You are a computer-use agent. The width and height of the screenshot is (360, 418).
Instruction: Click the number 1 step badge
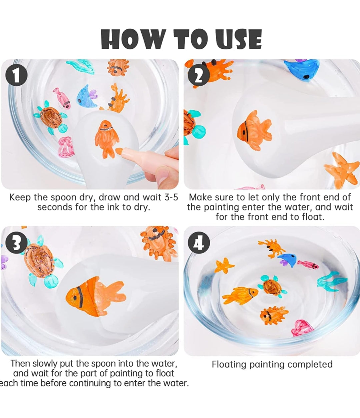point(16,75)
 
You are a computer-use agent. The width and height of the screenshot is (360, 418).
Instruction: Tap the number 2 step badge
point(199,75)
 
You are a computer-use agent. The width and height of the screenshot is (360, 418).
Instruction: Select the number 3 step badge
point(16,243)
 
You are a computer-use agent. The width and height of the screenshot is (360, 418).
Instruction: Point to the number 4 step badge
point(199,243)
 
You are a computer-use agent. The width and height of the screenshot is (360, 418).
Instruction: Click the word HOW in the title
point(133,39)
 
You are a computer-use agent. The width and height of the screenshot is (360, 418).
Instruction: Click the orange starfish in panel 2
point(341,170)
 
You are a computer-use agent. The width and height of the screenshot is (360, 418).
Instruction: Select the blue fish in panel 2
point(301,70)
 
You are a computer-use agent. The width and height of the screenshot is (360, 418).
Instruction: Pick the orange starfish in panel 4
point(224,265)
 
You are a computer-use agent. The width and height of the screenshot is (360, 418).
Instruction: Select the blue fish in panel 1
point(87,96)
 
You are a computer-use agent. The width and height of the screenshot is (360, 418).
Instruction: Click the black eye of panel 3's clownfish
point(75,298)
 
